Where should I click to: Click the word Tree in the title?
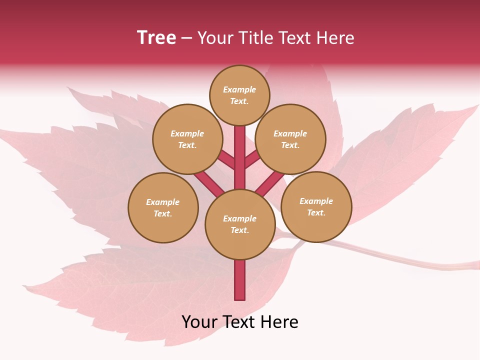tap(156, 38)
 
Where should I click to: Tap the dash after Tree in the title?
tap(186, 38)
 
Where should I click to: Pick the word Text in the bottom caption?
tap(241, 322)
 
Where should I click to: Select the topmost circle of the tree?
tap(239, 95)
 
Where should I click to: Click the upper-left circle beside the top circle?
tap(187, 139)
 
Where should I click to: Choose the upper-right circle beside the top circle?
tap(290, 139)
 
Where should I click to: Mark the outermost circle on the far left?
tap(163, 207)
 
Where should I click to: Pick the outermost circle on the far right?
tap(316, 206)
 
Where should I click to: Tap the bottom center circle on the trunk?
tap(240, 224)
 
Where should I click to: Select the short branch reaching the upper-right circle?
tap(252, 160)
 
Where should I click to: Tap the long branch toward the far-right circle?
tap(270, 183)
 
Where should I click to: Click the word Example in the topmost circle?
tap(239, 89)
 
